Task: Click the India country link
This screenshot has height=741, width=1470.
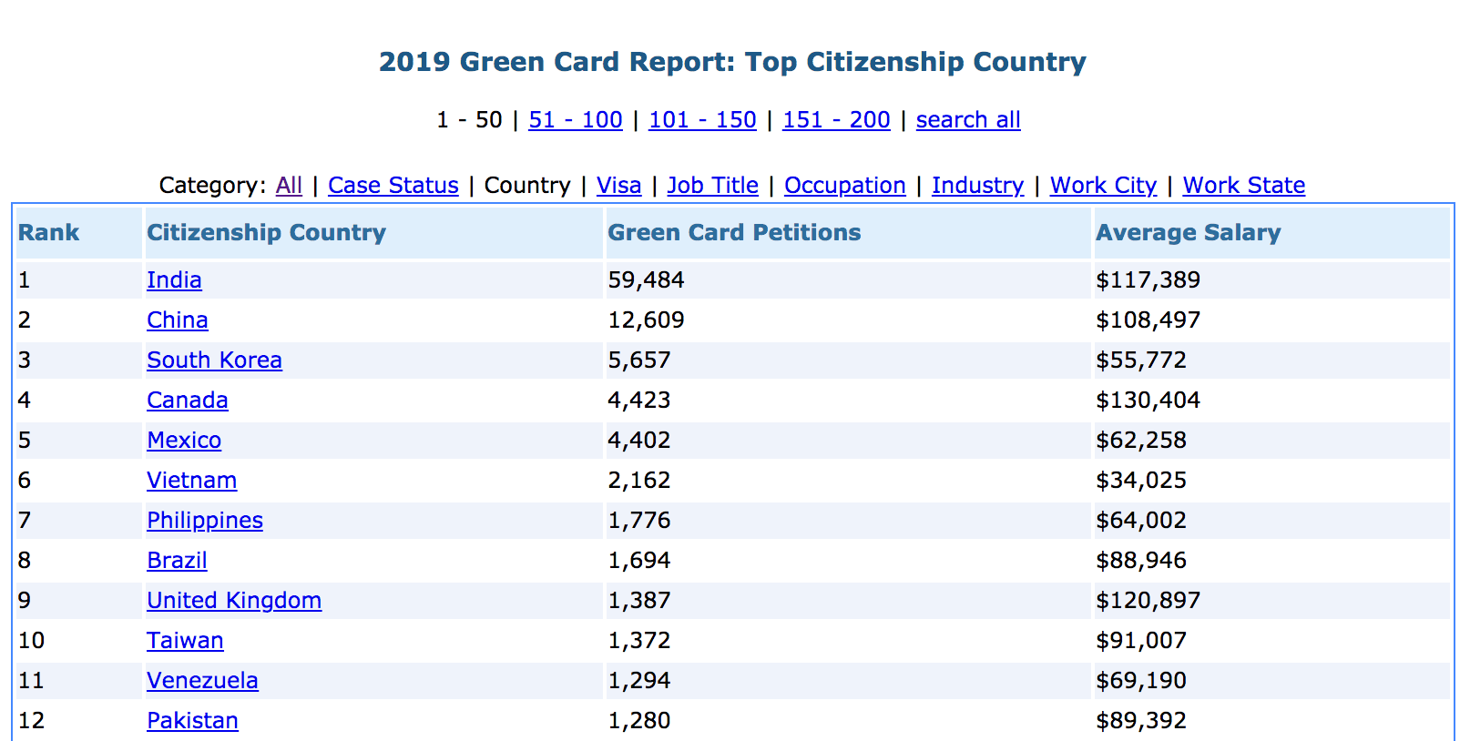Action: click(x=174, y=280)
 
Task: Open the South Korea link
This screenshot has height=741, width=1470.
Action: click(x=214, y=360)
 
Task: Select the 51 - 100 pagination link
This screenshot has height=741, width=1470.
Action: click(x=576, y=120)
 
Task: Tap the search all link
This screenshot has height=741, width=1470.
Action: click(x=968, y=120)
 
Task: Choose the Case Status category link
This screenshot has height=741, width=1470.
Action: click(x=393, y=186)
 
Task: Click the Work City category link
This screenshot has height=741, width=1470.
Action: click(x=1103, y=186)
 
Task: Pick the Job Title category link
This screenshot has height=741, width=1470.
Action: click(x=713, y=186)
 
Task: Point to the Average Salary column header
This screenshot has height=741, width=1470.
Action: click(x=1188, y=233)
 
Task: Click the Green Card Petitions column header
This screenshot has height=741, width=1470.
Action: click(x=734, y=233)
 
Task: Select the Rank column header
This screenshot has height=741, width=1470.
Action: click(x=48, y=233)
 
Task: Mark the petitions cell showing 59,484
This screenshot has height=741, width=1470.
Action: click(x=646, y=280)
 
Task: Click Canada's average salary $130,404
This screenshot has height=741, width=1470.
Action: click(x=1148, y=400)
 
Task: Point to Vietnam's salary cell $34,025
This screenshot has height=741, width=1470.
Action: click(x=1140, y=480)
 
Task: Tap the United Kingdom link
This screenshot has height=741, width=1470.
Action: click(x=234, y=601)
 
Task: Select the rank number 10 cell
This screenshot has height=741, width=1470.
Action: click(x=31, y=641)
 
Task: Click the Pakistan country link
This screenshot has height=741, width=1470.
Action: click(x=192, y=721)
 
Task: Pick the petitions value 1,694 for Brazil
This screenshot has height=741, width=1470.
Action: click(x=638, y=561)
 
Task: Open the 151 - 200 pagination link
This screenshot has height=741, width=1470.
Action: click(x=836, y=120)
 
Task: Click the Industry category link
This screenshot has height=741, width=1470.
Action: click(x=977, y=186)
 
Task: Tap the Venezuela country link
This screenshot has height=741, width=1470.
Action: click(x=202, y=681)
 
